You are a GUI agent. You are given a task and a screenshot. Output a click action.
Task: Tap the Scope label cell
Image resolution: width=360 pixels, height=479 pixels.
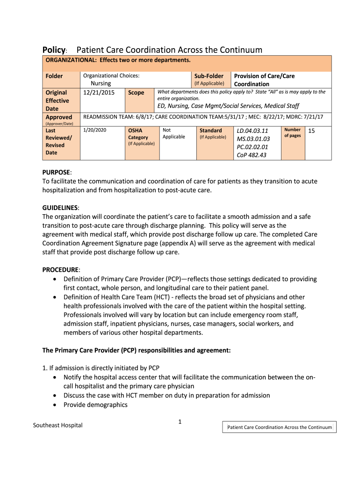point(136,93)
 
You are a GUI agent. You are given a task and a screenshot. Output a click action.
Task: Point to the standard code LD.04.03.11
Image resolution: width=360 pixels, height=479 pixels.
point(253,131)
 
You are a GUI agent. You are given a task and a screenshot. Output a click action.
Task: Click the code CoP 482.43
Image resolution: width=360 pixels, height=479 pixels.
point(252,155)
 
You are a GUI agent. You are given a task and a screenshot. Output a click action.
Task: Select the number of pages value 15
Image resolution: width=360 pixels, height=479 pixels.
point(312,131)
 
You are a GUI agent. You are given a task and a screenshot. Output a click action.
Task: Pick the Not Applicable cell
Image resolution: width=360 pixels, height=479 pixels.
point(173,133)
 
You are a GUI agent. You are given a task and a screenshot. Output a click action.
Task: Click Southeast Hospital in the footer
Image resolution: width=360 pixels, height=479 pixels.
point(58,425)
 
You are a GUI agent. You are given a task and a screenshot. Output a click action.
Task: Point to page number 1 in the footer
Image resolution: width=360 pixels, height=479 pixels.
point(180,422)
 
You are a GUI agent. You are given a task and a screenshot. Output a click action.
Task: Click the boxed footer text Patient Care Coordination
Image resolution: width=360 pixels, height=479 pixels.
point(279,427)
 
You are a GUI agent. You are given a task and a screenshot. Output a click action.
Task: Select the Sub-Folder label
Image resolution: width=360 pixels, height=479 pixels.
point(209,76)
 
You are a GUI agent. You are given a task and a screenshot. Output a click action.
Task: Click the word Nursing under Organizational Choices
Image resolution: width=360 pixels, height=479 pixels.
point(101,83)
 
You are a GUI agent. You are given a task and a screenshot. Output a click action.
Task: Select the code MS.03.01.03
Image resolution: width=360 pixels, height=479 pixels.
point(253,138)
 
